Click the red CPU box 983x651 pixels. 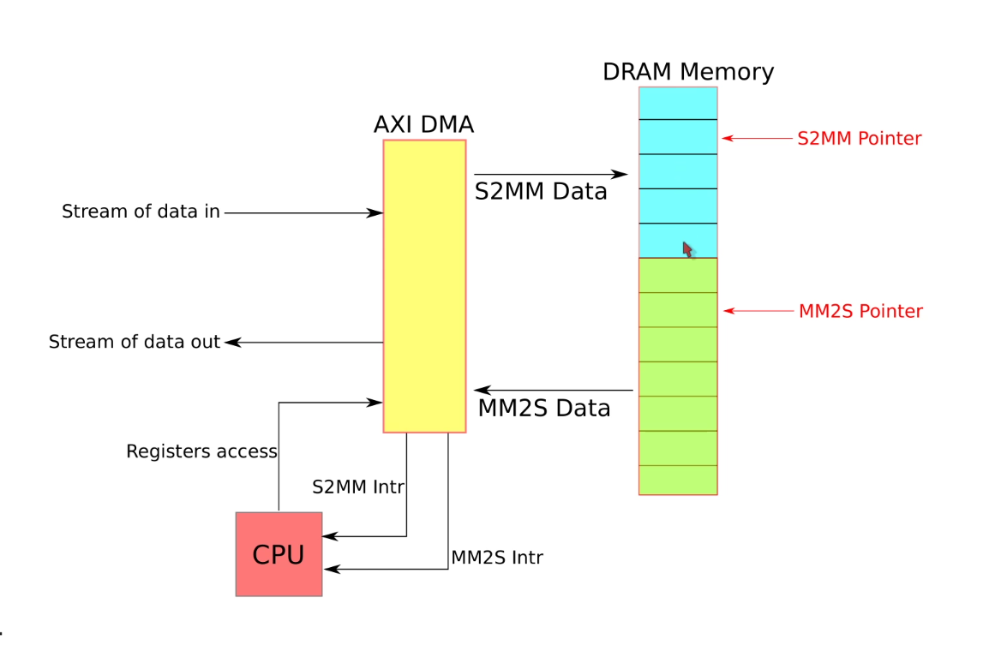click(279, 554)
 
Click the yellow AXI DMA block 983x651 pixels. click(424, 286)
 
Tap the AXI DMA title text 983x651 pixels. click(423, 125)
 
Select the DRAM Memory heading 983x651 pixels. click(687, 72)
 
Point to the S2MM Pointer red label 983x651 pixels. click(859, 139)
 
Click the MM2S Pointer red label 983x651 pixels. click(860, 312)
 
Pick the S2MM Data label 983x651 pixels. click(541, 192)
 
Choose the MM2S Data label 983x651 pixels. click(543, 408)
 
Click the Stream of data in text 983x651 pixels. click(141, 212)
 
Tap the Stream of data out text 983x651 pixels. click(135, 343)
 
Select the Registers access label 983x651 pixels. click(201, 451)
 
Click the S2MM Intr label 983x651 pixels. click(357, 487)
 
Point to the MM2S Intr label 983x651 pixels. click(497, 558)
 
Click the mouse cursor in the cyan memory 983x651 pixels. click(687, 248)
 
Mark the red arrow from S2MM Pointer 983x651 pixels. click(758, 138)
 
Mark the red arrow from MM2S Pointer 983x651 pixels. click(759, 311)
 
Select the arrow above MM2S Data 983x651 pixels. click(554, 391)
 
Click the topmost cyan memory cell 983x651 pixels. click(678, 104)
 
